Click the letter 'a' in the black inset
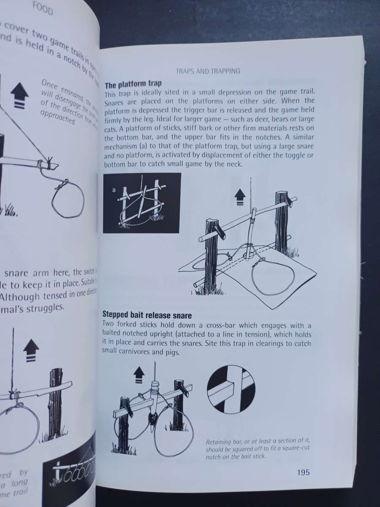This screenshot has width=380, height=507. tap(114, 190)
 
